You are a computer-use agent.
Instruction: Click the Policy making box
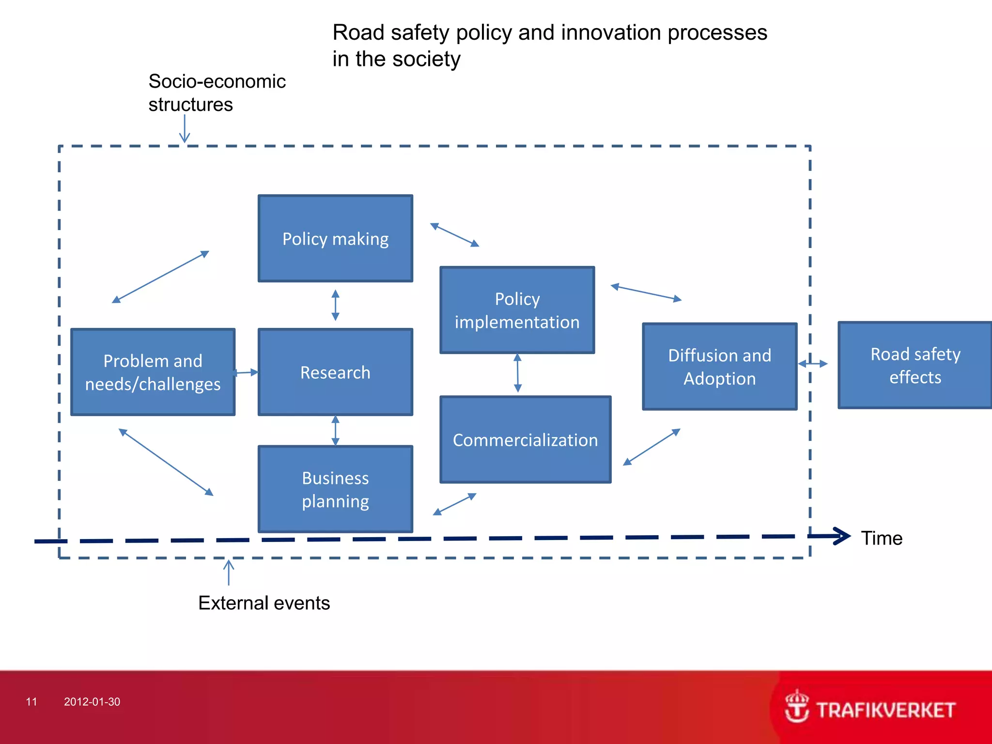pos(335,238)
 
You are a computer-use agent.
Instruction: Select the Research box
pos(335,372)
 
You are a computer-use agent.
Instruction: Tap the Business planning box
pos(335,489)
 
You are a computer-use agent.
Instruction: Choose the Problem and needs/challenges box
pos(153,372)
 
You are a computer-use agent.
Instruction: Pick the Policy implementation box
pos(517,310)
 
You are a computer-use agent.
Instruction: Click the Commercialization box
pos(525,440)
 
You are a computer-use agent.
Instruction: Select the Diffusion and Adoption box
pos(719,367)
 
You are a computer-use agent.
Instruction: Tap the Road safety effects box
pos(915,365)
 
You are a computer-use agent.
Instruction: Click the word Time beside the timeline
pos(882,538)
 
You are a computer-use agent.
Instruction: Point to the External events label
pos(264,603)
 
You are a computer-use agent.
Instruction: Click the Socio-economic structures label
pos(217,93)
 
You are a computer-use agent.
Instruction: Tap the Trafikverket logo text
pos(885,710)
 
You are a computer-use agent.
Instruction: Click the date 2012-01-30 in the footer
pos(92,702)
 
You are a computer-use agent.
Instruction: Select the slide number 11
pos(31,702)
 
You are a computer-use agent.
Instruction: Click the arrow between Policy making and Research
pos(335,305)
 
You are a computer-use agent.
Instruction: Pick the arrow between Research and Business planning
pos(335,431)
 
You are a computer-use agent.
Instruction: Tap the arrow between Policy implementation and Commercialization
pos(517,373)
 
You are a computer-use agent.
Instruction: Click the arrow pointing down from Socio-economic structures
pos(185,129)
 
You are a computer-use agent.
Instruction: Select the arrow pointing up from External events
pos(229,572)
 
